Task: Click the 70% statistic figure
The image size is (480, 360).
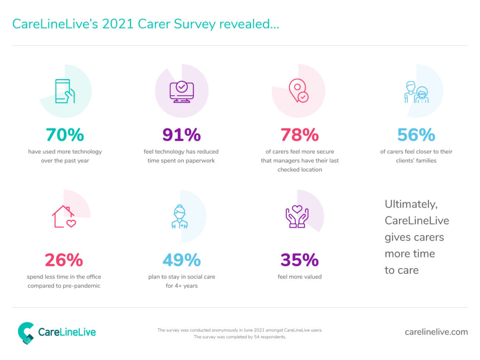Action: pos(65,135)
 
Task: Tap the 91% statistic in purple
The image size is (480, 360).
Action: pos(181,135)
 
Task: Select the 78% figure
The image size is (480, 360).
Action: pos(300,135)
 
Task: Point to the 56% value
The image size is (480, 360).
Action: pos(416,135)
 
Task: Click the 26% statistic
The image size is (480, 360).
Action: pos(64,260)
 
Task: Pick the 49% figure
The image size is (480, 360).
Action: pos(181,260)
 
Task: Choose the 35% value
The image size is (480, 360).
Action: pos(300,260)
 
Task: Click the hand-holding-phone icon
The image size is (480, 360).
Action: pos(65,91)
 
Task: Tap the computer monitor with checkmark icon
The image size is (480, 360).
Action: pos(182,91)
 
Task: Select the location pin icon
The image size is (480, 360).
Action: pos(299,90)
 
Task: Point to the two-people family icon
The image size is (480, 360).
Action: pos(416,92)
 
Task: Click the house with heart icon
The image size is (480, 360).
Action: pos(64,217)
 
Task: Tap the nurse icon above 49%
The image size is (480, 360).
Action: pos(180,217)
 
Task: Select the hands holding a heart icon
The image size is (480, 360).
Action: pos(297,217)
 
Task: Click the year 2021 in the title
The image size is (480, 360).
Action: pos(118,24)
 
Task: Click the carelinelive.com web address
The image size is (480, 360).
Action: pos(436,332)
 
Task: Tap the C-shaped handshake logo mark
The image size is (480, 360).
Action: pos(26,333)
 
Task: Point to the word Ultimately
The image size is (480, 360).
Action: pos(411,204)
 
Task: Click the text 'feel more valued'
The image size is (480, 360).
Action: pos(300,277)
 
